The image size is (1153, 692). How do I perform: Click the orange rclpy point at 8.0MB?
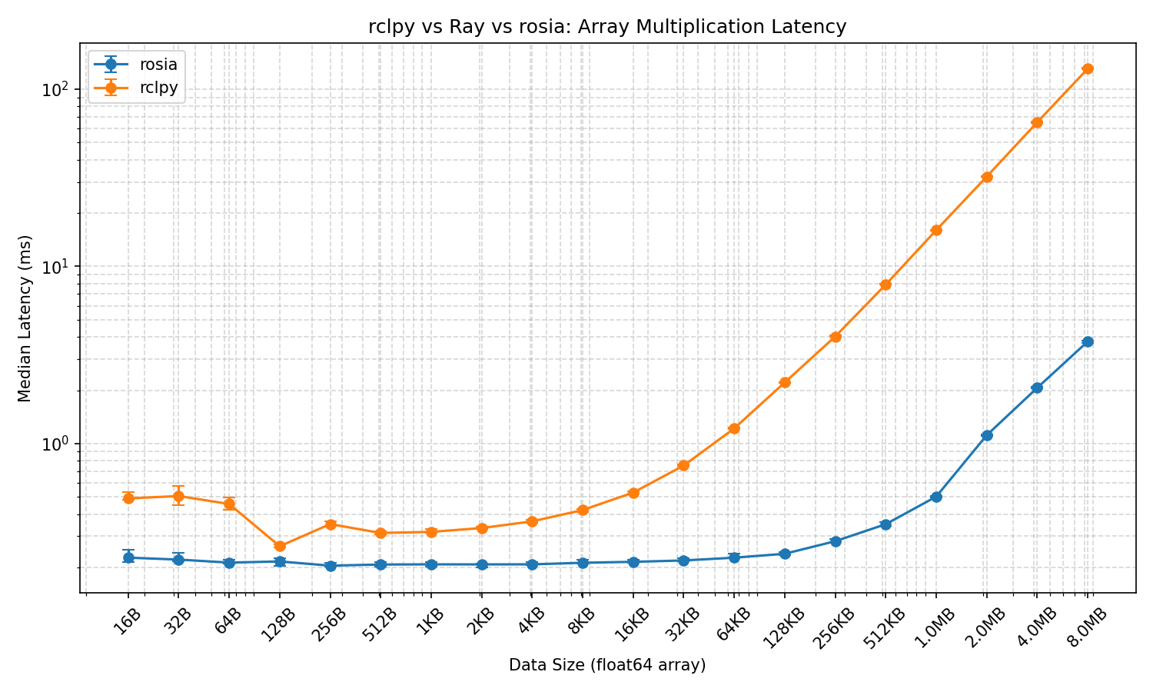click(x=1088, y=69)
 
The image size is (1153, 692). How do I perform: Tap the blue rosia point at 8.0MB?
click(x=1088, y=341)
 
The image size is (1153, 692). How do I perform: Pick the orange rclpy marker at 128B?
click(x=280, y=546)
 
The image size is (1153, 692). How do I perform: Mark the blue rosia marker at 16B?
click(x=128, y=557)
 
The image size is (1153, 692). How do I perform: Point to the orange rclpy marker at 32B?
click(x=178, y=496)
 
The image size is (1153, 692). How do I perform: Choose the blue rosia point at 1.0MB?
click(x=936, y=497)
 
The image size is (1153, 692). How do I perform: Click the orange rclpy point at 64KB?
click(x=734, y=428)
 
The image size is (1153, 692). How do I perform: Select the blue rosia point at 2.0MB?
click(x=987, y=435)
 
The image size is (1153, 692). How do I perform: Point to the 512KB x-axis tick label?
click(x=883, y=628)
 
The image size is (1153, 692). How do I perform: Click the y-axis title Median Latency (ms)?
click(x=25, y=318)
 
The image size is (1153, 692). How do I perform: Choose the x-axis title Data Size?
click(x=607, y=665)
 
